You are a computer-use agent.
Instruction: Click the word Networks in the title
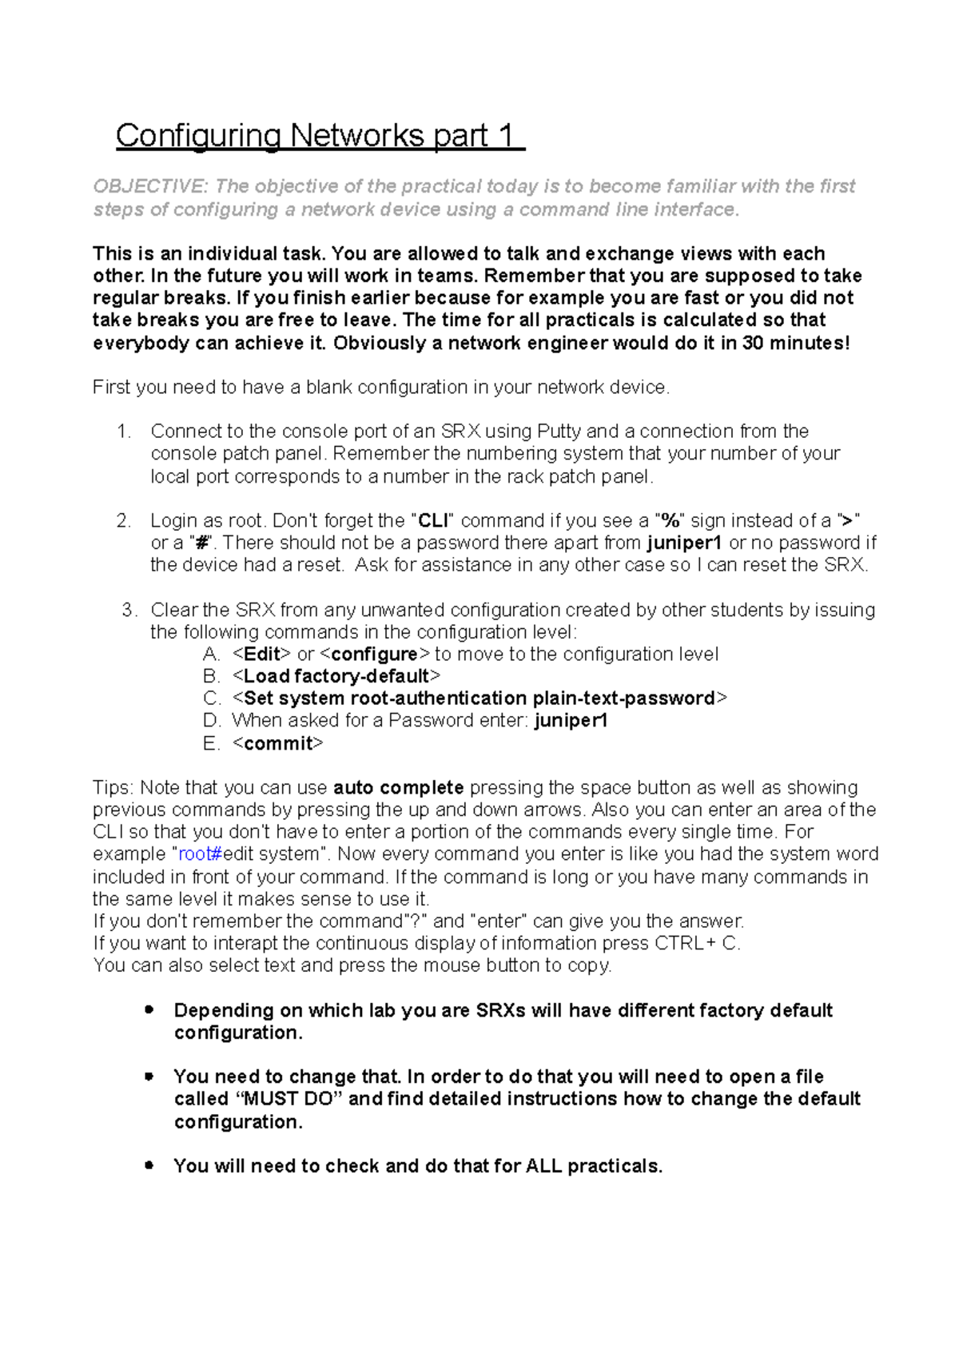click(x=358, y=136)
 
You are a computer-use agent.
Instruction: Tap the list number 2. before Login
click(x=123, y=521)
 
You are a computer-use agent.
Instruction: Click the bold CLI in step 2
click(x=434, y=521)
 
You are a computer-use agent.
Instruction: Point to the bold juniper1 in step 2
click(x=685, y=543)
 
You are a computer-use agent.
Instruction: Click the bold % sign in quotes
click(x=670, y=521)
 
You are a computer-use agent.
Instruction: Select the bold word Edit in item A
click(x=261, y=655)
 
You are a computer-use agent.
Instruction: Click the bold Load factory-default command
click(x=336, y=677)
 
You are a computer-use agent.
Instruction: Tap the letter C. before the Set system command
click(x=212, y=698)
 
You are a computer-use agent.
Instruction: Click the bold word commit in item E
click(x=278, y=744)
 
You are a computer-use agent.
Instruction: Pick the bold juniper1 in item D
click(x=571, y=721)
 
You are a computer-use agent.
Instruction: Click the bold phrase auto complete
click(x=398, y=788)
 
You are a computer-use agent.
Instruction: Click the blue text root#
click(x=200, y=854)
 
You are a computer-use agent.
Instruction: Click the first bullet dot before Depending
click(x=149, y=1009)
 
